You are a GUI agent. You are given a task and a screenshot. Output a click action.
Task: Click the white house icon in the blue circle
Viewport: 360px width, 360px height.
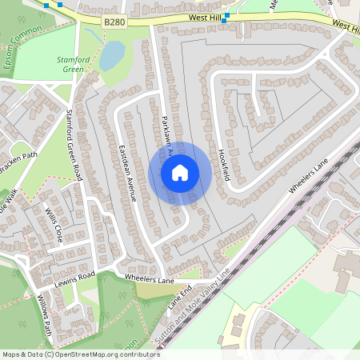click(x=179, y=172)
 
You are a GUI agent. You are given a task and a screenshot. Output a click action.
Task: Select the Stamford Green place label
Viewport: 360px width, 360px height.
click(x=74, y=65)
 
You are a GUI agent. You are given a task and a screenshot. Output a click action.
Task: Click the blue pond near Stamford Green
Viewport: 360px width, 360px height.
click(x=111, y=55)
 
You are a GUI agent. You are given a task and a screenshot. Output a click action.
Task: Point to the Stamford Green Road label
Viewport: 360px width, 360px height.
click(x=74, y=143)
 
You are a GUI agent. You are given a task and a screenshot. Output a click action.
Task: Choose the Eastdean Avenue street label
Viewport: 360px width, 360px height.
click(x=127, y=172)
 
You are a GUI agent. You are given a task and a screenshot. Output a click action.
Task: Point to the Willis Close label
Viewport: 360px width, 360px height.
click(x=53, y=227)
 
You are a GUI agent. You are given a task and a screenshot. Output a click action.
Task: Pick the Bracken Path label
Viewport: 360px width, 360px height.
click(x=18, y=163)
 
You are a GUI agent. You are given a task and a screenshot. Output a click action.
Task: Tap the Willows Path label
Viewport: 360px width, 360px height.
click(x=42, y=317)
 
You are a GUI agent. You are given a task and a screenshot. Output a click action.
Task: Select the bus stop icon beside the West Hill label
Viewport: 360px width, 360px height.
click(x=227, y=15)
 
